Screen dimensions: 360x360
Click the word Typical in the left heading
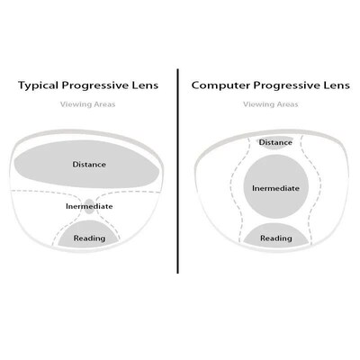(x=39, y=85)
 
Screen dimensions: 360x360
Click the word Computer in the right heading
(x=220, y=85)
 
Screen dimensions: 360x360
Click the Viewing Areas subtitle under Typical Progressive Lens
(x=87, y=104)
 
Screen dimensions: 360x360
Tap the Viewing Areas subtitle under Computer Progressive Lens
(x=271, y=104)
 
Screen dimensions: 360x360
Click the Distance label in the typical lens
(x=89, y=165)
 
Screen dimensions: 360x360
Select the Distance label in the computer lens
(x=275, y=142)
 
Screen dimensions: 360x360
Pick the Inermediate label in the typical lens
(x=89, y=206)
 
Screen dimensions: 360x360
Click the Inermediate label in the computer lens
(x=275, y=188)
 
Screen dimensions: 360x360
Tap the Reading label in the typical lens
(x=89, y=238)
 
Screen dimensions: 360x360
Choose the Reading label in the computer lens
(x=276, y=238)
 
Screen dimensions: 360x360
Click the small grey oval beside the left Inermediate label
(x=89, y=206)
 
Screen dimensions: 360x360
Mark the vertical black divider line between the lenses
(x=178, y=171)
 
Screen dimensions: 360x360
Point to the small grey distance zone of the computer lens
(x=274, y=142)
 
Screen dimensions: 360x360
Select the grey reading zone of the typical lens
(x=89, y=234)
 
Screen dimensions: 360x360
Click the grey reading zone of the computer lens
(x=276, y=235)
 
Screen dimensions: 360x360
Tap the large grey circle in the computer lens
(x=276, y=186)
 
